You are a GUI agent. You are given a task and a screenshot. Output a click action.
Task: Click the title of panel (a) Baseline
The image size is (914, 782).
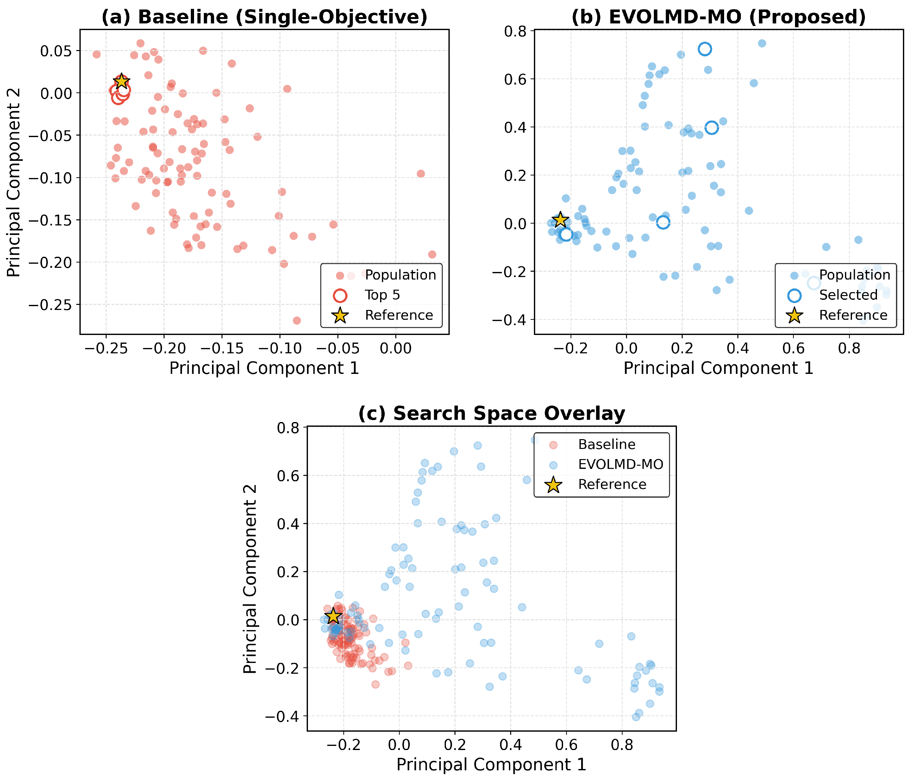click(264, 17)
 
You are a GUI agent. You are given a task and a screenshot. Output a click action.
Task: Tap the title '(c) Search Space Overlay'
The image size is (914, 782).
click(491, 413)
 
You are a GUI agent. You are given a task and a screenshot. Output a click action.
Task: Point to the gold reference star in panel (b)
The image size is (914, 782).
click(560, 219)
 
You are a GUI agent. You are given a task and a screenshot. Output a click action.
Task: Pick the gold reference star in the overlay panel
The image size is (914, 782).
click(333, 616)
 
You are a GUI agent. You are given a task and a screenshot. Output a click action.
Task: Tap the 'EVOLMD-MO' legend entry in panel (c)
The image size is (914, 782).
click(620, 464)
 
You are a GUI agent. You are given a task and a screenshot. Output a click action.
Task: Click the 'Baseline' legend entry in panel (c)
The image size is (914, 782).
click(607, 445)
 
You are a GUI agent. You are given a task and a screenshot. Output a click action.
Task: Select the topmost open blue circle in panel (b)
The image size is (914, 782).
click(705, 49)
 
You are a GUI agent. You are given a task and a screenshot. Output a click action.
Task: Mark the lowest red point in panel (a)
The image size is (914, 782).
click(297, 320)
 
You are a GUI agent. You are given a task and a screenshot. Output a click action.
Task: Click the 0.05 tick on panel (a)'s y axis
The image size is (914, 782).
click(56, 51)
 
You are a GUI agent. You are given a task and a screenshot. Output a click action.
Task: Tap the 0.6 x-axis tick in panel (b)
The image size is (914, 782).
click(793, 349)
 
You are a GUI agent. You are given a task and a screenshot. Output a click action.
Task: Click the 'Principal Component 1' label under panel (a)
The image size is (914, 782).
click(264, 368)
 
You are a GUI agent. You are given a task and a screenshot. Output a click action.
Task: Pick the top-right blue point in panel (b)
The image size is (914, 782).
click(762, 43)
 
